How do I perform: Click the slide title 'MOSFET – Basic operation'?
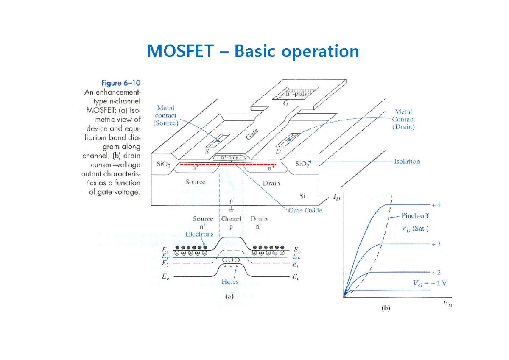pyautogui.click(x=253, y=51)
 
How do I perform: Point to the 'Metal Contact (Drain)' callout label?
pyautogui.click(x=403, y=119)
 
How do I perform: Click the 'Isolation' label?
pyautogui.click(x=407, y=161)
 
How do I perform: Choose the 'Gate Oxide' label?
pyautogui.click(x=305, y=211)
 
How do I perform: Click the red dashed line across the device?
pyautogui.click(x=228, y=163)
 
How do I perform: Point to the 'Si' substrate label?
pyautogui.click(x=302, y=196)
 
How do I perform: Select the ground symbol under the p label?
pyautogui.click(x=231, y=210)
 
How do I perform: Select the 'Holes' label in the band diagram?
pyautogui.click(x=230, y=282)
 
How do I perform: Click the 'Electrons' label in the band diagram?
pyautogui.click(x=199, y=234)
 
